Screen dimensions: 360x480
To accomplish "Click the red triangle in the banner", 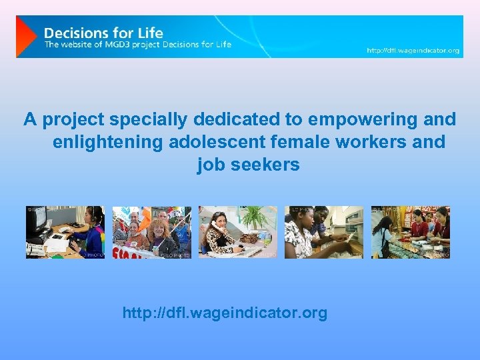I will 25,37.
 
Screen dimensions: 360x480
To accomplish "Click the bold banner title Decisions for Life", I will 103,33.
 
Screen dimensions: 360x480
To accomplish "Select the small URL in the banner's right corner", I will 413,51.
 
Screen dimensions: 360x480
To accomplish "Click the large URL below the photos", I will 225,313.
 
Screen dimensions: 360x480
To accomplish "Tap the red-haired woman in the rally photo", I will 161,237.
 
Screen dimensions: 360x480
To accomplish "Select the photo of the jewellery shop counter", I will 410,232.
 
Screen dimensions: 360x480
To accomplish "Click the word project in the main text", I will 73,119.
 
